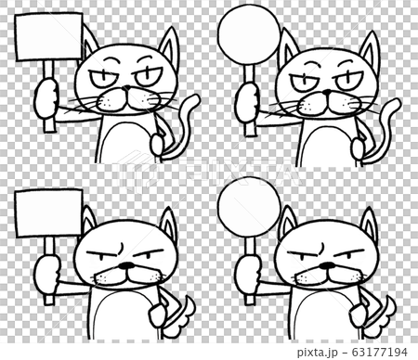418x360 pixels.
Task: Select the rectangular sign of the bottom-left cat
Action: point(49,218)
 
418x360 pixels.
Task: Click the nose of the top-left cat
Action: point(124,94)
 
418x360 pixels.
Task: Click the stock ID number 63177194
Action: point(380,352)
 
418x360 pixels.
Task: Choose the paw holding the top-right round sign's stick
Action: point(247,104)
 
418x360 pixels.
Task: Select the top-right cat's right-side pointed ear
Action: point(370,52)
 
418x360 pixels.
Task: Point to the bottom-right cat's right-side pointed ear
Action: point(369,225)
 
